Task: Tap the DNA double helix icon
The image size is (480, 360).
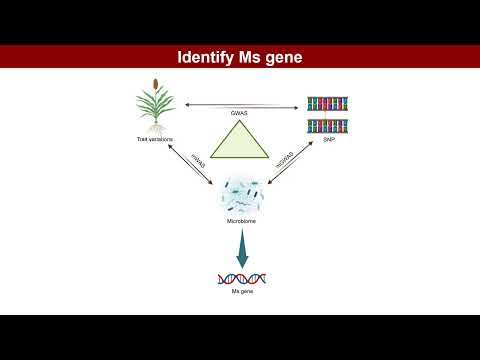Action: pyautogui.click(x=240, y=278)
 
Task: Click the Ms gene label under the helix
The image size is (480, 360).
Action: pyautogui.click(x=240, y=290)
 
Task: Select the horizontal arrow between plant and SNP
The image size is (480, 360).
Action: pyautogui.click(x=240, y=105)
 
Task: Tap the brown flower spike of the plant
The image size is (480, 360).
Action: pyautogui.click(x=155, y=83)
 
